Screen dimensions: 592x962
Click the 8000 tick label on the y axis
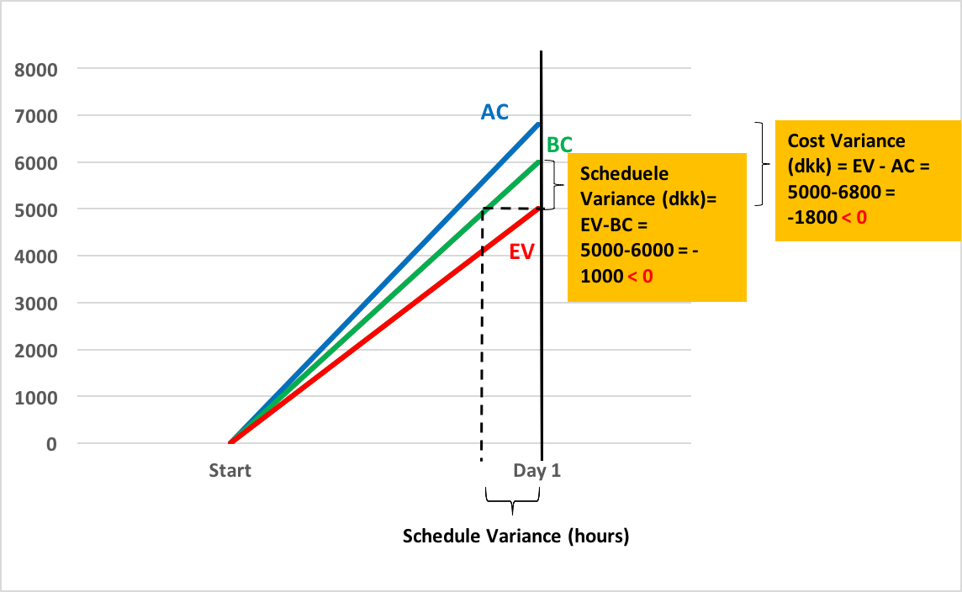coord(39,69)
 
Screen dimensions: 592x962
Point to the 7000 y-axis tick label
coord(39,115)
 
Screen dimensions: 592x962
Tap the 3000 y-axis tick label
coord(39,302)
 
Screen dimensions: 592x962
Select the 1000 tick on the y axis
coord(39,396)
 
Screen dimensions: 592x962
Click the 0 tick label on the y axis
coord(51,443)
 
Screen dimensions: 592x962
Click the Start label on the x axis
coord(230,470)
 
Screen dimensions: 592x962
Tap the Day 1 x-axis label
coord(536,470)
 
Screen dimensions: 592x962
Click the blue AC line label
coord(494,112)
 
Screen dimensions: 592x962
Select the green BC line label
coord(559,145)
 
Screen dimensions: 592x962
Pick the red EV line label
coord(521,251)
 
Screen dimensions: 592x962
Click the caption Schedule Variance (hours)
coord(515,536)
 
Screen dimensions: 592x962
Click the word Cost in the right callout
coord(806,141)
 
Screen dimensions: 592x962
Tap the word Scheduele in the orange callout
coord(625,173)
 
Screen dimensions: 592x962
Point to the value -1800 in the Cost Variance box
coord(811,217)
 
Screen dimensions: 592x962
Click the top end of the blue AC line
coord(538,124)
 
